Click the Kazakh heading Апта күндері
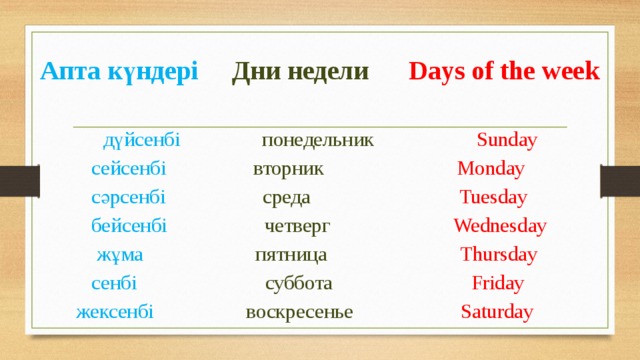pos(119,72)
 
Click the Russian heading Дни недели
pos(300,72)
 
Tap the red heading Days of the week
pos(505,72)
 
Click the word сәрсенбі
pos(128,197)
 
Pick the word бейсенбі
pos(129,225)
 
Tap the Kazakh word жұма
pos(120,254)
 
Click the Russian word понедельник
pos(317,140)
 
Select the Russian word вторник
pos(288,168)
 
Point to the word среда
pos(286,197)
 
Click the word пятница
pos(291,254)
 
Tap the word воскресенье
pos(299,311)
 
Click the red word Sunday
pos(507,140)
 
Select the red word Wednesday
pos(500,225)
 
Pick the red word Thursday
pos(498,254)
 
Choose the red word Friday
pos(498,283)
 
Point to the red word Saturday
pos(497,311)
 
